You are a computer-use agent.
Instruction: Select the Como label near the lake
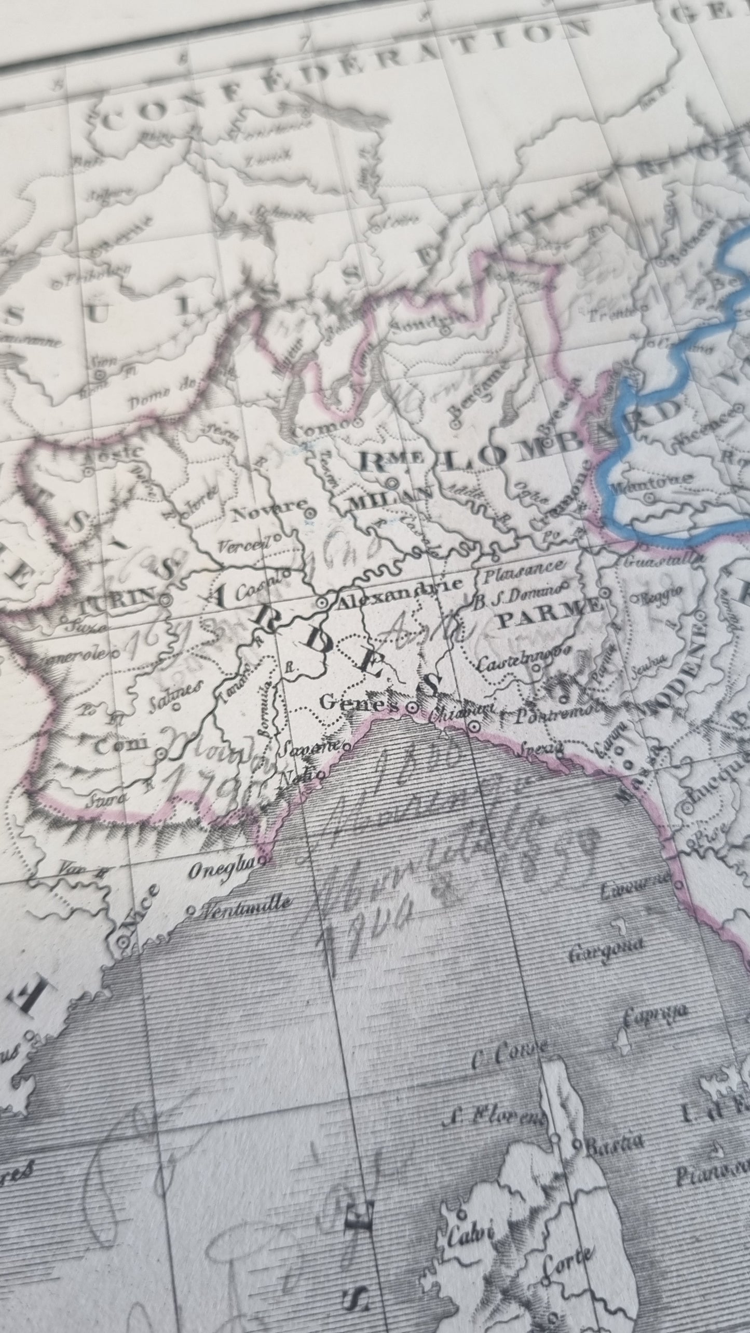tap(320, 429)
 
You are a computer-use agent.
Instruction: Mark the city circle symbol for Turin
tap(166, 600)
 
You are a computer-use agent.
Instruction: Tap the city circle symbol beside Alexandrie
tap(322, 604)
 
